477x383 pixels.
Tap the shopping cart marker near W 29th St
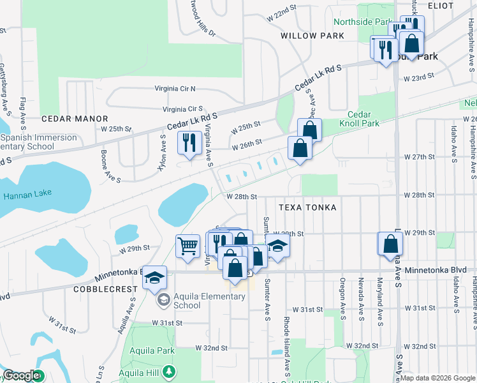click(x=188, y=246)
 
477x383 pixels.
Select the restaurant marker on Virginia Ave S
click(x=188, y=143)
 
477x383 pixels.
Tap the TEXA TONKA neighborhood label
click(x=307, y=207)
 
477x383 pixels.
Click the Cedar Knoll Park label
click(x=363, y=119)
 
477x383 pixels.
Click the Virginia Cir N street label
click(x=175, y=89)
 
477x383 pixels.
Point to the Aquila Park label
click(x=152, y=351)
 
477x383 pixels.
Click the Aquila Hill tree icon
click(x=168, y=371)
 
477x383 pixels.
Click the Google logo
click(x=22, y=376)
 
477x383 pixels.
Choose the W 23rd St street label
click(x=419, y=76)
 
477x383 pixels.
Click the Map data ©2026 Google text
click(x=437, y=378)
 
